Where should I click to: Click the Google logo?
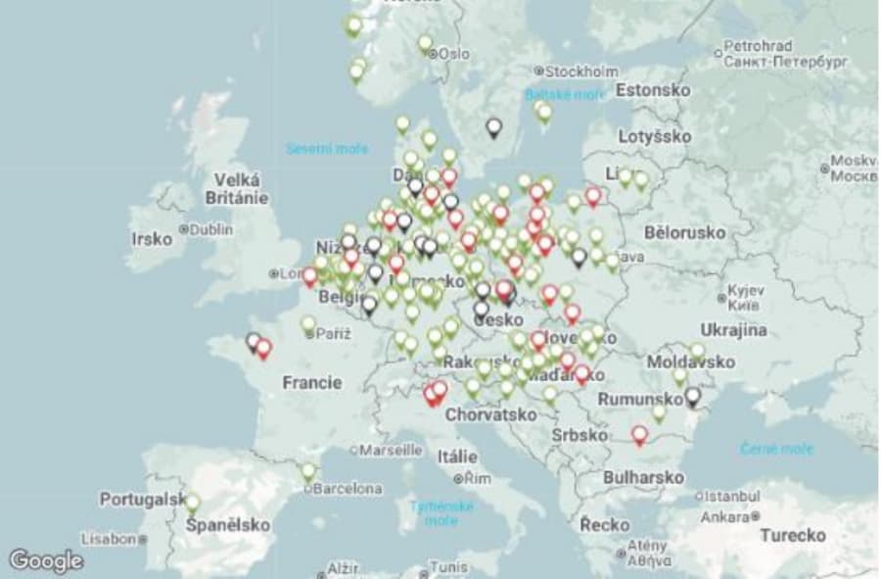46,560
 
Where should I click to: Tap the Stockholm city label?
581,72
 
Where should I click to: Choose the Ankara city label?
724,516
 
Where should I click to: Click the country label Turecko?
792,536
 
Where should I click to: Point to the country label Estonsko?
653,90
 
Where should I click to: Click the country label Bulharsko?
643,477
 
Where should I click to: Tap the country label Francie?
312,382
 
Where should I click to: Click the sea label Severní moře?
327,149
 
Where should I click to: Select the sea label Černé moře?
776,449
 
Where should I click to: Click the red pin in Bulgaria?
639,434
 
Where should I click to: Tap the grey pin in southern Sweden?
494,127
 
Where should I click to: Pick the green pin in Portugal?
192,503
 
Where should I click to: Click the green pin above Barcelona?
309,471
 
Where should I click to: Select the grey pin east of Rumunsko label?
693,396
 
